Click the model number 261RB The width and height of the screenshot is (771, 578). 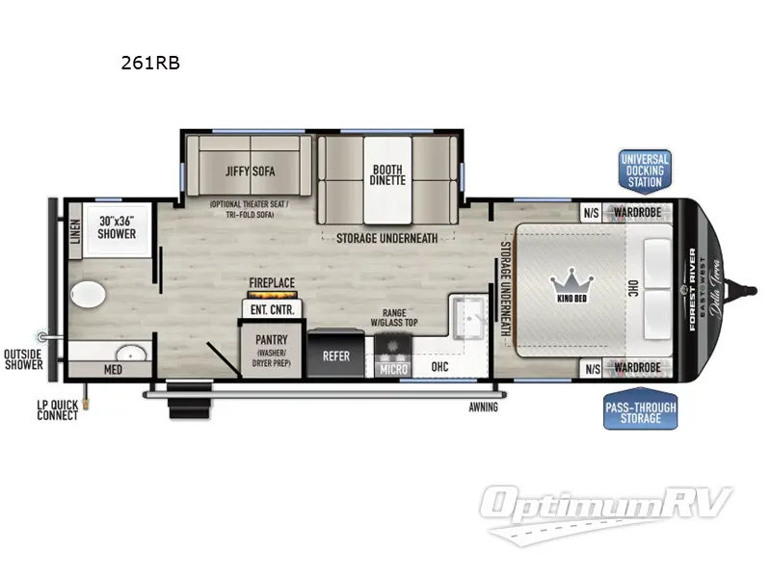click(x=150, y=64)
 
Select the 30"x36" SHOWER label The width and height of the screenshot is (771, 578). click(x=116, y=227)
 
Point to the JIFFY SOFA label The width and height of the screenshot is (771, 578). click(x=251, y=171)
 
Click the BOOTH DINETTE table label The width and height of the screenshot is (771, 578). click(x=387, y=174)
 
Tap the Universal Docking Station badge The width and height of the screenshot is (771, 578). click(x=644, y=170)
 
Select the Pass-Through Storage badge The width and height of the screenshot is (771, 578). click(x=641, y=413)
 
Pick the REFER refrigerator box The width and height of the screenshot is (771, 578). click(x=335, y=355)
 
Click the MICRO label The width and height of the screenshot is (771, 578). click(x=392, y=367)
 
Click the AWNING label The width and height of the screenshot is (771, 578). click(x=483, y=407)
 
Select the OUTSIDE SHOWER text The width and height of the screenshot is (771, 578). click(x=24, y=358)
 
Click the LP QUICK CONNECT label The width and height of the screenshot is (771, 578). click(x=58, y=409)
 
